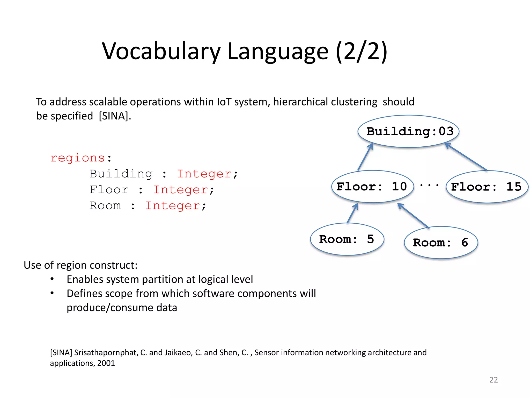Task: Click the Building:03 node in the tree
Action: click(x=408, y=131)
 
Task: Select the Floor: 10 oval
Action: click(x=373, y=187)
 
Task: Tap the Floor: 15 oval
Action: click(x=487, y=187)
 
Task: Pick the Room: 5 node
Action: click(x=347, y=239)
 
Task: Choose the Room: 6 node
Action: click(x=441, y=243)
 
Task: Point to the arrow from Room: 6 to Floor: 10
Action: click(x=413, y=216)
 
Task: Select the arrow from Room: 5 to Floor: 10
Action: click(x=353, y=213)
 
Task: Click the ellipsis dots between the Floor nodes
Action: click(x=429, y=185)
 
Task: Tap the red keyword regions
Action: click(x=78, y=158)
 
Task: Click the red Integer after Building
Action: click(x=204, y=174)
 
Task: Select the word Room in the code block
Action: click(x=105, y=206)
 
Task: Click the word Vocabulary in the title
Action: click(x=161, y=51)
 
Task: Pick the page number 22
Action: click(x=494, y=380)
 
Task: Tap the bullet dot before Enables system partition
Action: click(x=52, y=279)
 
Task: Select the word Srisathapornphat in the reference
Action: click(x=106, y=353)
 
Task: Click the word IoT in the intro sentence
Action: click(x=224, y=102)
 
